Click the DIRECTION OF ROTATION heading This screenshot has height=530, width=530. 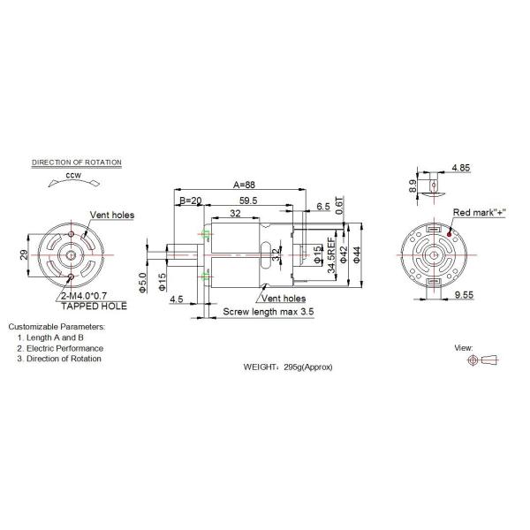pyautogui.click(x=77, y=163)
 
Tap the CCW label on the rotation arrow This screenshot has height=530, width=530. pyautogui.click(x=73, y=177)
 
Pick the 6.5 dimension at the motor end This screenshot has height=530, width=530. pyautogui.click(x=322, y=207)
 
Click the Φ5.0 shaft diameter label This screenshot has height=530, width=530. pyautogui.click(x=142, y=284)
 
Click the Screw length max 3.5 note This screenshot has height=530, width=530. pyautogui.click(x=268, y=312)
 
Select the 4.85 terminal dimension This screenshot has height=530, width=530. pyautogui.click(x=460, y=168)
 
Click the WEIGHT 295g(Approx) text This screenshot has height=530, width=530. pyautogui.click(x=288, y=366)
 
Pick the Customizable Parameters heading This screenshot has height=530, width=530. pyautogui.click(x=57, y=326)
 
